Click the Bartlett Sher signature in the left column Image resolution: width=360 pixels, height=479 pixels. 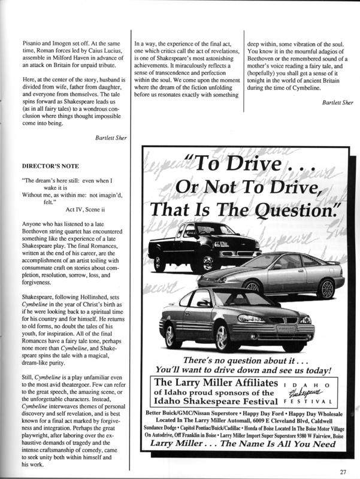tap(111, 138)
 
